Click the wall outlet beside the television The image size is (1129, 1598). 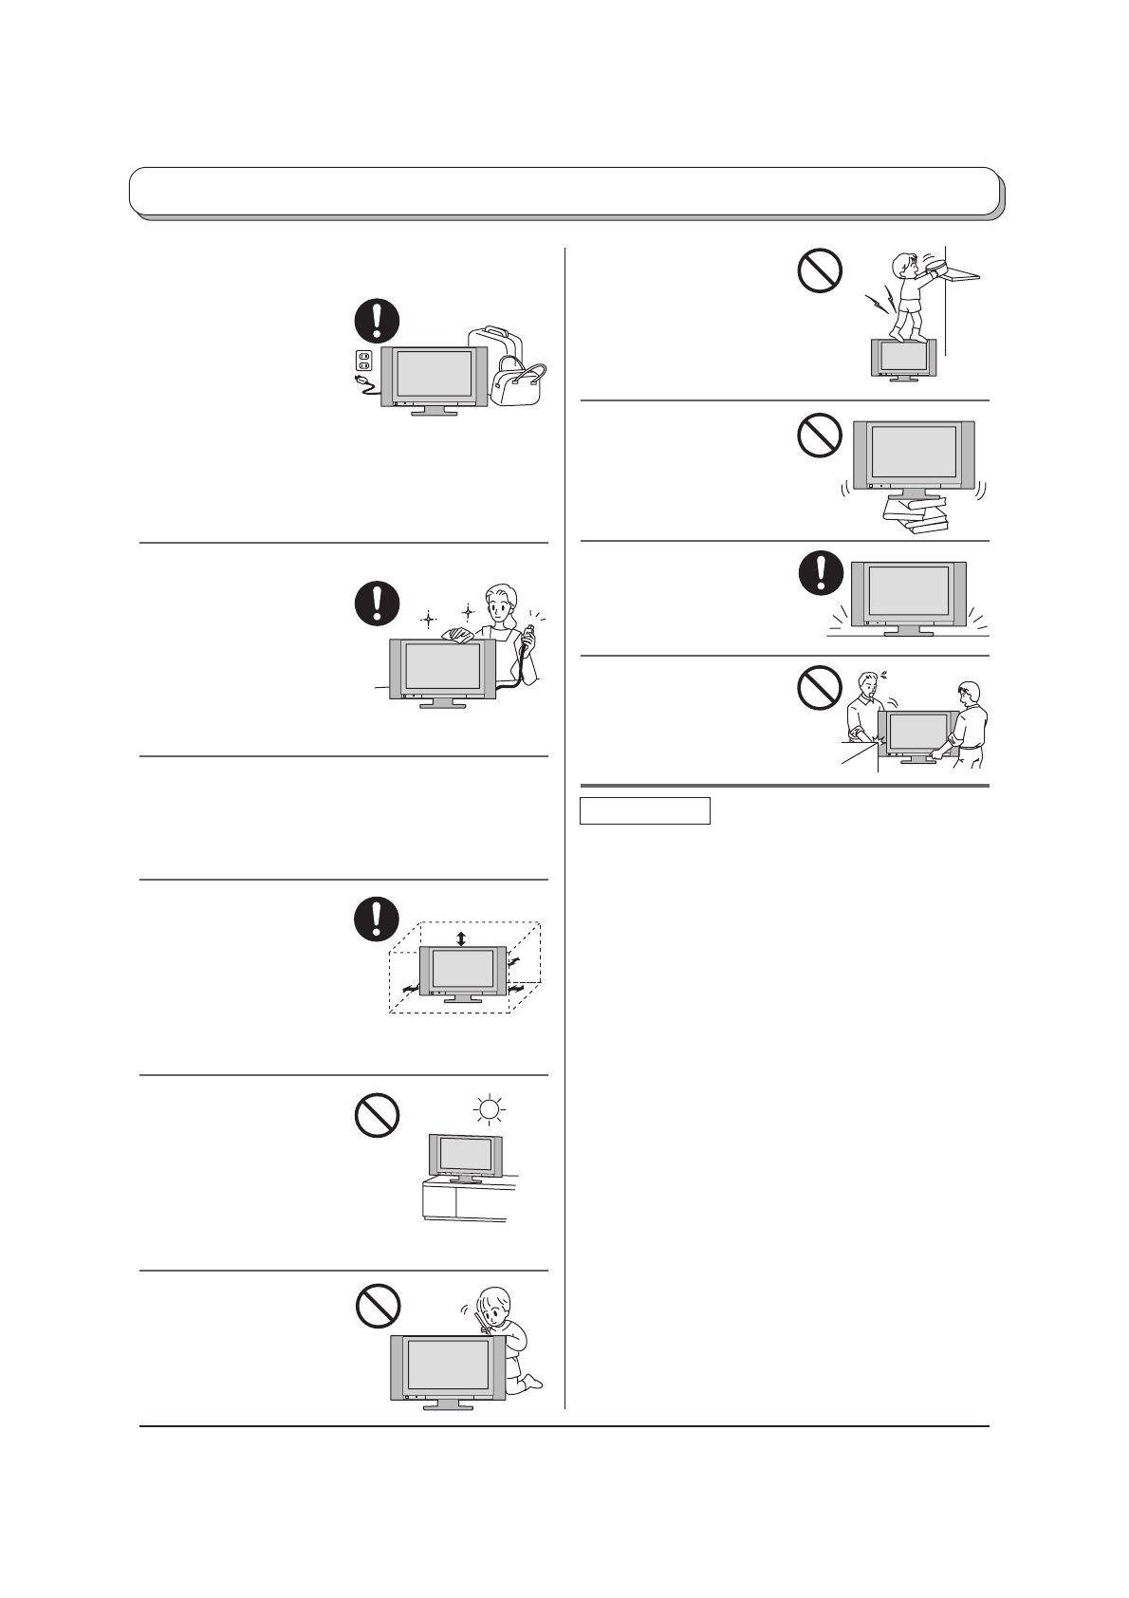(362, 361)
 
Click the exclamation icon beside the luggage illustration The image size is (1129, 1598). (377, 321)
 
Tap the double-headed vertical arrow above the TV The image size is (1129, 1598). (461, 938)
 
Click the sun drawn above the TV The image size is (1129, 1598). (488, 1108)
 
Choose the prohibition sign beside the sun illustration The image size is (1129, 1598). (377, 1116)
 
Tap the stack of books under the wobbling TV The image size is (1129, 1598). (914, 513)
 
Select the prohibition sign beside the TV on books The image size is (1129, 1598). (819, 436)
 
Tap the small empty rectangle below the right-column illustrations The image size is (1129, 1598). (644, 810)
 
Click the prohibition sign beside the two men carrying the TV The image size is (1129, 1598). (819, 687)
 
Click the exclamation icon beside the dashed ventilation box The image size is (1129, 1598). (377, 919)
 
